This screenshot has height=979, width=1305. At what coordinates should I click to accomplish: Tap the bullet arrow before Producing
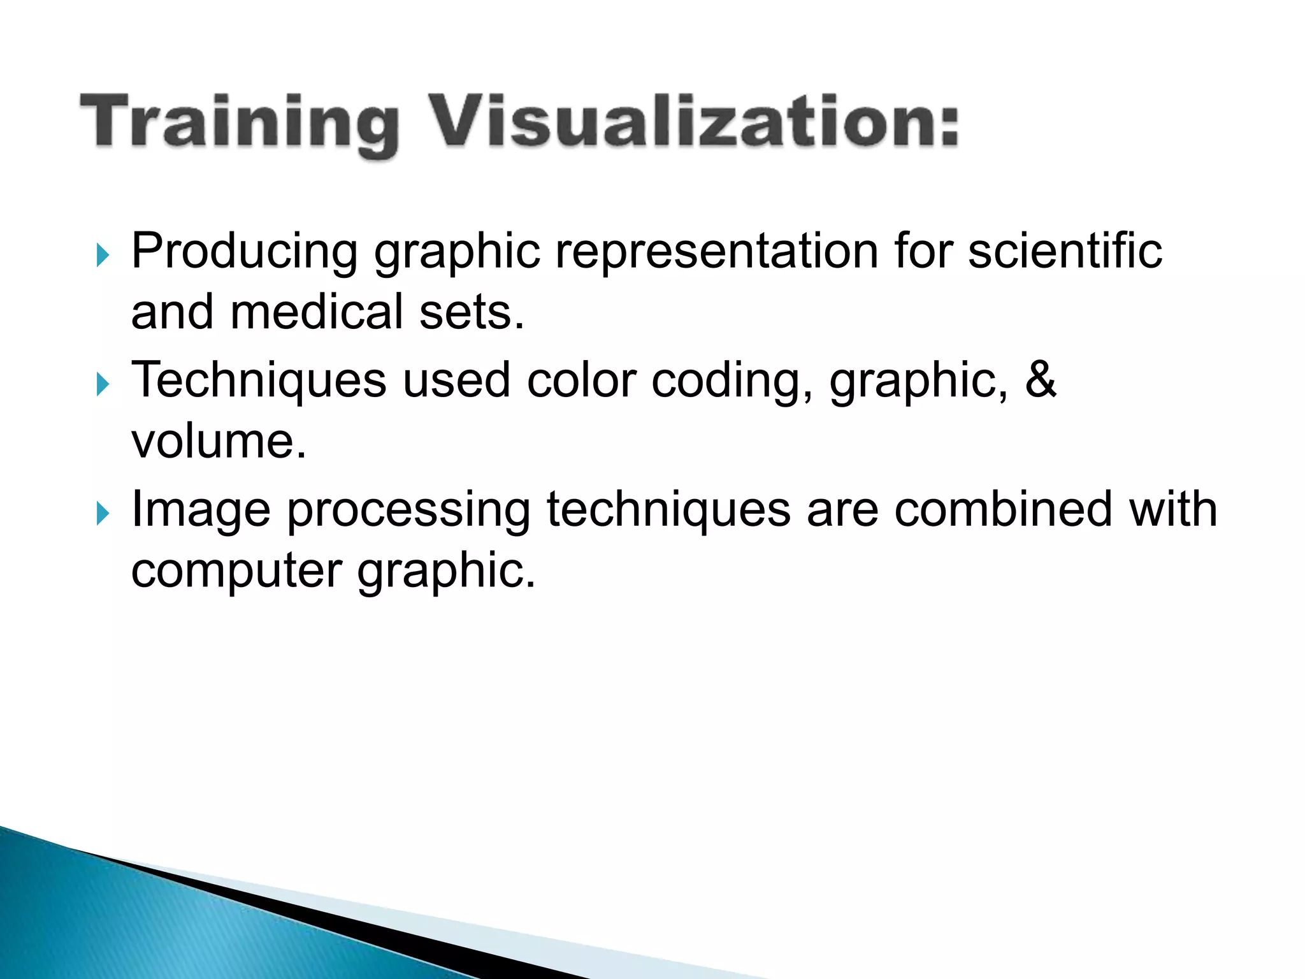(103, 256)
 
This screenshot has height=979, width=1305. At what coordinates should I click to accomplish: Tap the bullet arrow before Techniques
(103, 384)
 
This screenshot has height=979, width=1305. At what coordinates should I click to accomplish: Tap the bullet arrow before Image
(103, 513)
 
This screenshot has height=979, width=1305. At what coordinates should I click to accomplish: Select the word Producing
(244, 252)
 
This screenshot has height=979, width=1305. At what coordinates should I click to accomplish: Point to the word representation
(716, 252)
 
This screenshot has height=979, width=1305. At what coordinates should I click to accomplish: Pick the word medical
(317, 312)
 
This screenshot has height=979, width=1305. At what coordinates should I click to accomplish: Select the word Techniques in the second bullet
(258, 381)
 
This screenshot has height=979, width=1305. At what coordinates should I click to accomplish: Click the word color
(580, 381)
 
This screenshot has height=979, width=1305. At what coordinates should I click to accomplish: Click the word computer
(236, 571)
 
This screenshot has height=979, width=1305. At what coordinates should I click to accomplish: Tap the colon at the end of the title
(948, 127)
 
